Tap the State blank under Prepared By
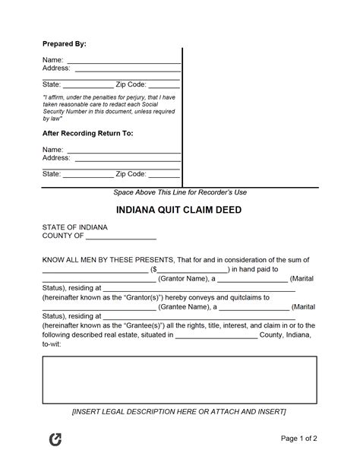[x=87, y=84]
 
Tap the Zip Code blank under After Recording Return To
[x=164, y=174]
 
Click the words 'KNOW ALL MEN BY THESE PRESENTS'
[x=108, y=258]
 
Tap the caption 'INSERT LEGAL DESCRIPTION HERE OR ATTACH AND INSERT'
[x=179, y=411]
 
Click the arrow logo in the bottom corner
[x=55, y=440]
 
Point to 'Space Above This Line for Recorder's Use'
[x=179, y=192]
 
